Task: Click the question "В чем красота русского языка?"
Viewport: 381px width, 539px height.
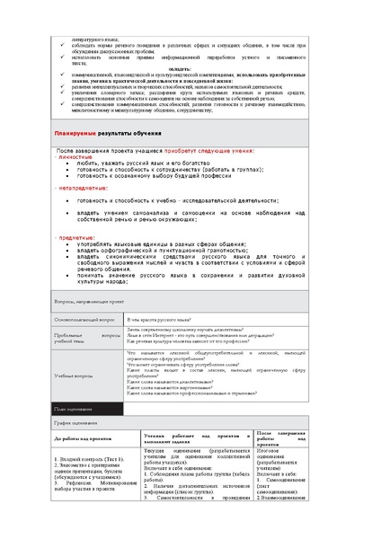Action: tap(159, 319)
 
